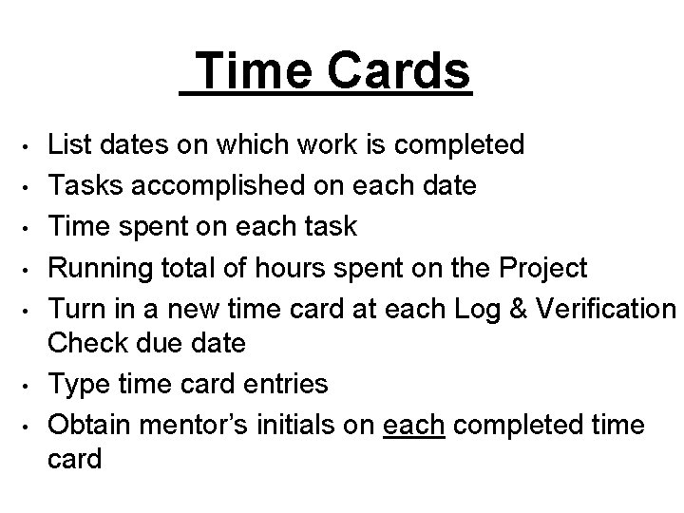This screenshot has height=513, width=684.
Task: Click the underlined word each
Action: coord(414,426)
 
